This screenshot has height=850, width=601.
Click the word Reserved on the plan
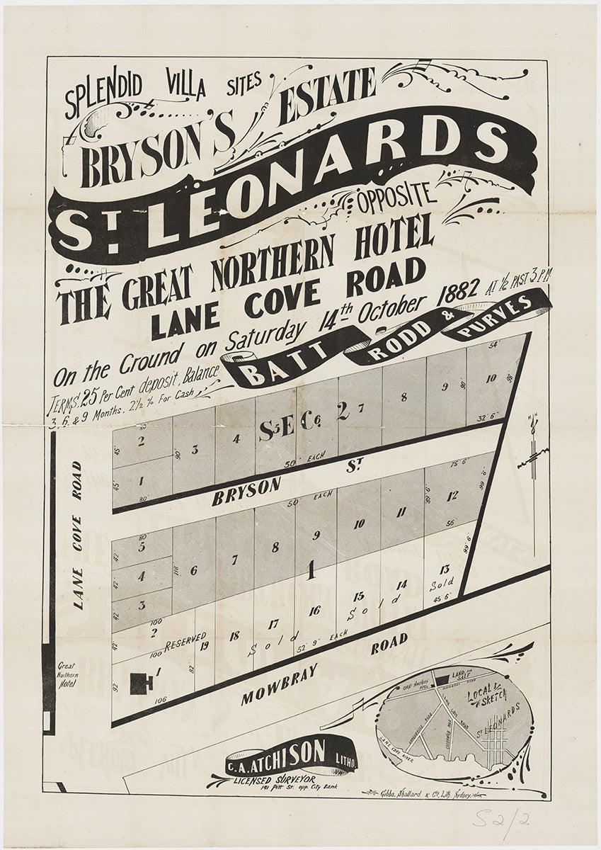coord(185,641)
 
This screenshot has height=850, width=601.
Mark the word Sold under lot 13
coord(441,586)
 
